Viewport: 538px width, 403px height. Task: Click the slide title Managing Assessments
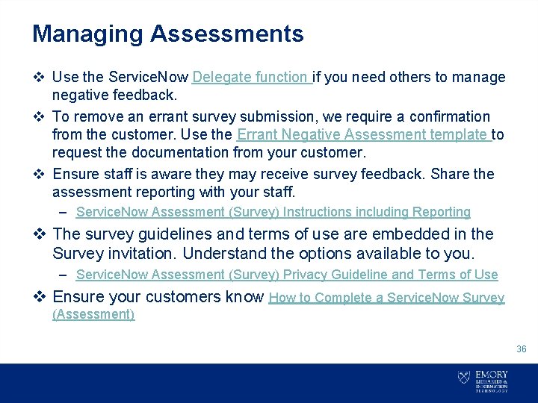click(167, 34)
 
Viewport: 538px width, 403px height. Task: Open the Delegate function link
click(251, 77)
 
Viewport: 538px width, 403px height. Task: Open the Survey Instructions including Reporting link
click(273, 213)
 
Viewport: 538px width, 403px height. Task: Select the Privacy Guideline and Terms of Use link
click(287, 275)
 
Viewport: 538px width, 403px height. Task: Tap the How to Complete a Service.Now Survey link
click(386, 298)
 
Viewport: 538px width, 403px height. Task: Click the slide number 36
click(522, 349)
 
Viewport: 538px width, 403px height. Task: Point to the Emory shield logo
click(464, 378)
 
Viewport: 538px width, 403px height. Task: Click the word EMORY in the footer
click(491, 375)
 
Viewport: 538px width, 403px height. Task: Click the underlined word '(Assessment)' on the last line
click(93, 314)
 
